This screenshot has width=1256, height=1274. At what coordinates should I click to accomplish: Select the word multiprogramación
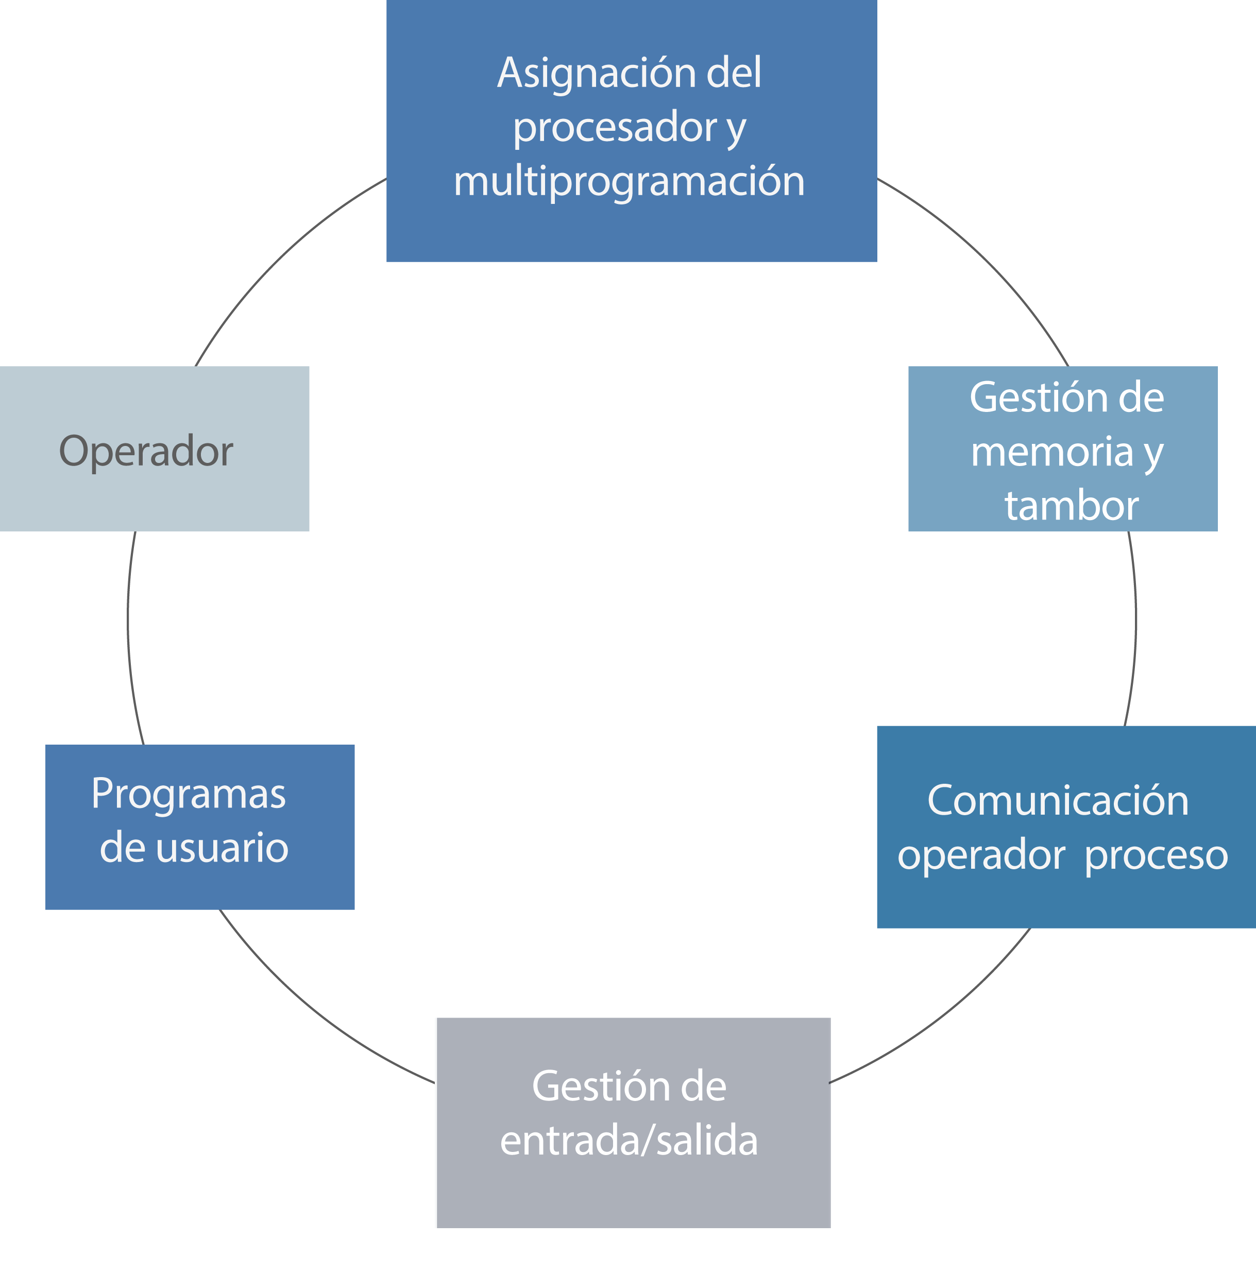[629, 181]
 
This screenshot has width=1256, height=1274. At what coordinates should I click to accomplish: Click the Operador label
[146, 452]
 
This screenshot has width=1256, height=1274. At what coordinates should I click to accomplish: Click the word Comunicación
[1058, 801]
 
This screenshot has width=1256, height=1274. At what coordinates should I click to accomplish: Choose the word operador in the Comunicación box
[981, 856]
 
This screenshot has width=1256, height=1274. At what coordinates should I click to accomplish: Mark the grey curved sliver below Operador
[132, 640]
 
